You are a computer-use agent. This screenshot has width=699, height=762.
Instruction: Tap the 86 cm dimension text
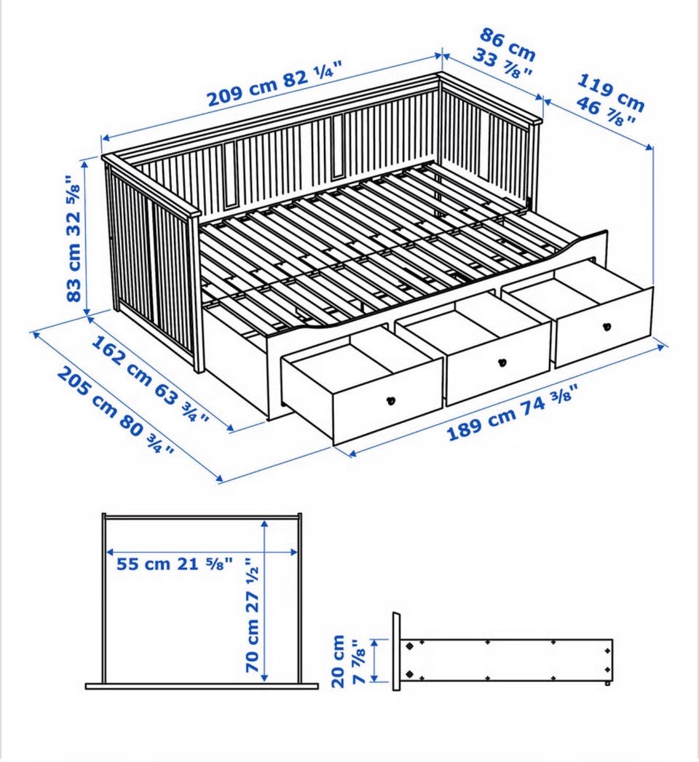[x=508, y=44]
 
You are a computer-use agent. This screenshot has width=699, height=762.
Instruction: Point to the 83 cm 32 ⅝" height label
[x=73, y=239]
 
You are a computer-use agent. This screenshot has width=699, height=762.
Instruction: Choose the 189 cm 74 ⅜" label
[x=513, y=413]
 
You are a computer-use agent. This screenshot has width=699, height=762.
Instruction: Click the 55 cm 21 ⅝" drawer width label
[x=175, y=564]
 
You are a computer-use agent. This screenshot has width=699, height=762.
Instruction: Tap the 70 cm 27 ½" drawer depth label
[x=252, y=615]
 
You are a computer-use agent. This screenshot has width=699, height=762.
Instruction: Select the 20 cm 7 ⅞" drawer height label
[x=348, y=661]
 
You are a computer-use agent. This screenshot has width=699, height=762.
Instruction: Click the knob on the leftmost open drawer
[x=391, y=401]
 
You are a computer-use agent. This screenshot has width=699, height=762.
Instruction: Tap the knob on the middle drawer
[x=502, y=362]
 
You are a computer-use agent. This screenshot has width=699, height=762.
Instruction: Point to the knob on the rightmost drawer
[x=607, y=327]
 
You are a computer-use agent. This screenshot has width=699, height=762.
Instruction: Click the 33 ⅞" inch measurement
[x=502, y=65]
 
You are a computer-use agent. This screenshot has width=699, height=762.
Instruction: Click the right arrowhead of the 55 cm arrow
[x=293, y=552]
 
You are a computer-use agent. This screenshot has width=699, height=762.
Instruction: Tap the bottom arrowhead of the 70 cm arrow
[x=264, y=677]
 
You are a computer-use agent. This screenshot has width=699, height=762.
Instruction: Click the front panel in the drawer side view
[x=397, y=651]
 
